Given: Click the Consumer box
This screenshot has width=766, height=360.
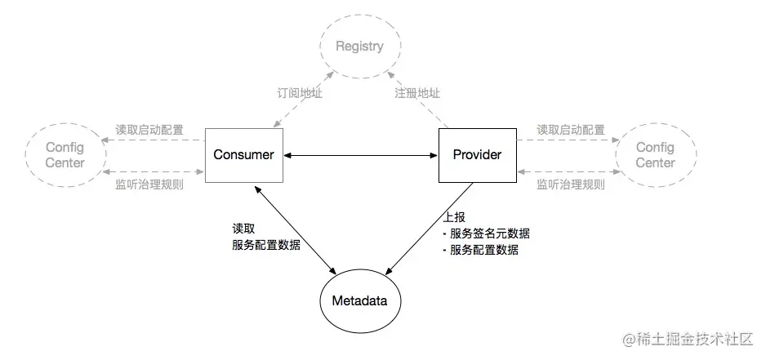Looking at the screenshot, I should click(x=243, y=154).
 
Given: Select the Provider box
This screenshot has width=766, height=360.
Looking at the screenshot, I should click(x=477, y=154).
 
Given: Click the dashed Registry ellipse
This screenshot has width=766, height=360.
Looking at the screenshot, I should click(x=359, y=47).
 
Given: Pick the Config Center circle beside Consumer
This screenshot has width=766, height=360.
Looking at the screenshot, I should click(x=65, y=155).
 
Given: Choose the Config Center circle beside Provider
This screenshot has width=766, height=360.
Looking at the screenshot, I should click(x=655, y=155).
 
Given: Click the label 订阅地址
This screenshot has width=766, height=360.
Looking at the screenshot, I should click(x=301, y=93).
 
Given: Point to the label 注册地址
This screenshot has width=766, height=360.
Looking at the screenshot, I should click(x=417, y=93).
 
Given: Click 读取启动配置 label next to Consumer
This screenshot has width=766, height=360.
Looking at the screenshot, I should click(x=149, y=130).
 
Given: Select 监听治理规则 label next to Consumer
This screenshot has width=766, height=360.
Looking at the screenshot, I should click(x=149, y=184).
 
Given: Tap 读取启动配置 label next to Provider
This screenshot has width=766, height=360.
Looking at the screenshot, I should click(x=570, y=130).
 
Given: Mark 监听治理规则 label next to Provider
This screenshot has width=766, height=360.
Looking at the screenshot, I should click(x=570, y=184).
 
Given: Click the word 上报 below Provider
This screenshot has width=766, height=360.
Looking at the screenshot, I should click(x=453, y=219).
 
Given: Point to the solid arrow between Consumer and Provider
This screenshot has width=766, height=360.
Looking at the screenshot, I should click(x=361, y=155).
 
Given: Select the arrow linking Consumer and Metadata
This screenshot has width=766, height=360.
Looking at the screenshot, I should click(x=296, y=229).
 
